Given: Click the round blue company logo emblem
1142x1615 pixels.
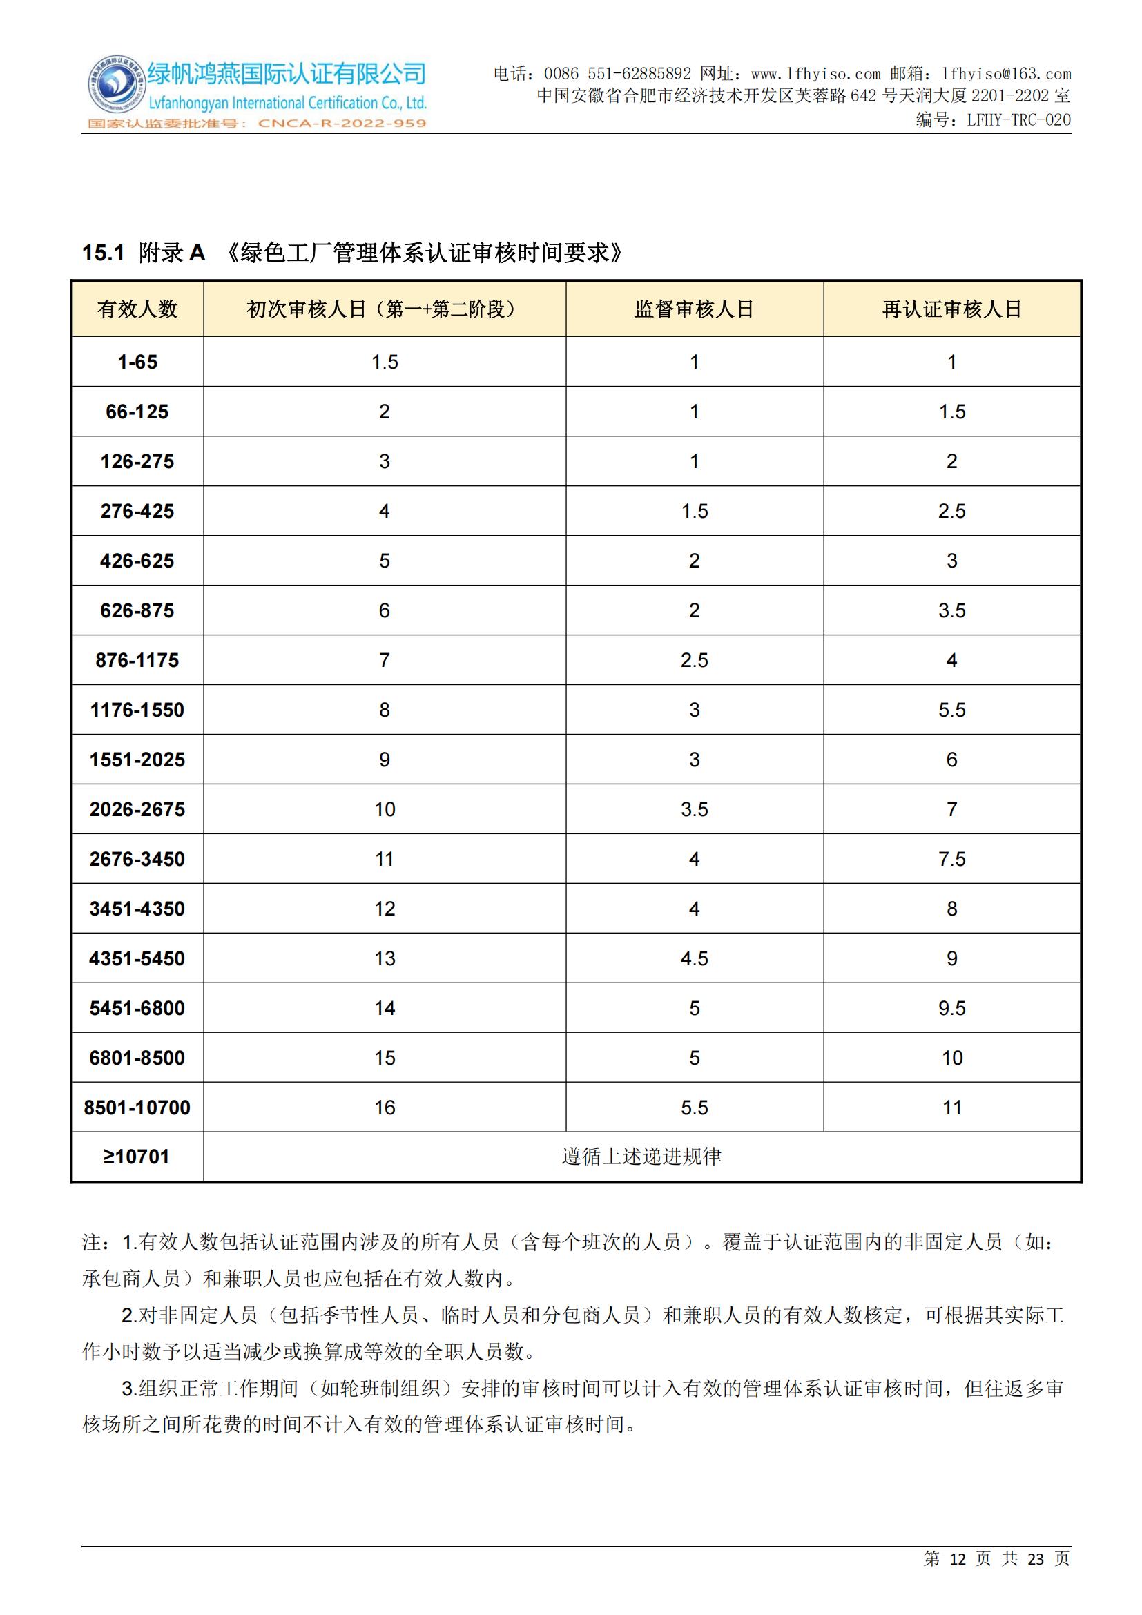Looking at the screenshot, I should [x=113, y=86].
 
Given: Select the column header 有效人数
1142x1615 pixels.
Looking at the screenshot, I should [x=137, y=309].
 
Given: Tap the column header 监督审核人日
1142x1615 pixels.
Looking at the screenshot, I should [x=693, y=309].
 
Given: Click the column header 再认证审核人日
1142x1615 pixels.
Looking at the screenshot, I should [x=951, y=309].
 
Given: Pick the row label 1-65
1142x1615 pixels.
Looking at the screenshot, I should [x=137, y=362].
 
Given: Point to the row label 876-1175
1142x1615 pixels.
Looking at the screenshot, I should [x=137, y=661].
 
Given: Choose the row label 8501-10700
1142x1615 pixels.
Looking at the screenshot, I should [x=137, y=1108].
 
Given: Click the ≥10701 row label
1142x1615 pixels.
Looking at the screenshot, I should [x=137, y=1157].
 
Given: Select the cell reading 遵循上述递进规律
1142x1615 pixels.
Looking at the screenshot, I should [x=641, y=1157].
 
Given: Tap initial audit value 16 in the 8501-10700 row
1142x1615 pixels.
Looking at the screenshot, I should [x=385, y=1108].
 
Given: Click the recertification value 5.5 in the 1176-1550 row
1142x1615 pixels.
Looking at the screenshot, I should [x=951, y=710].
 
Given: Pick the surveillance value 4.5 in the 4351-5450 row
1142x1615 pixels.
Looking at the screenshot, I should [x=694, y=959].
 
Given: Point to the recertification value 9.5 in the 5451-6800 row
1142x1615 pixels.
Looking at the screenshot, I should [x=951, y=1009].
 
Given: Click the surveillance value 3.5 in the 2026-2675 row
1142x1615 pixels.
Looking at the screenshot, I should [x=694, y=810].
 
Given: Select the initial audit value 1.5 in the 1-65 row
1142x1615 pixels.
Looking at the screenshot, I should [x=385, y=362].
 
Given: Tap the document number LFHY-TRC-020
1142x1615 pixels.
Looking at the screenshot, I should [x=1018, y=120].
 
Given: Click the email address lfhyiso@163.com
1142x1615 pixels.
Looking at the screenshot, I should [x=1005, y=74].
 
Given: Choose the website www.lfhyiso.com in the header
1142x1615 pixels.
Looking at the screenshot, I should [x=815, y=74].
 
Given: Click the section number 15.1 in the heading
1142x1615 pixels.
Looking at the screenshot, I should [x=104, y=253].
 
